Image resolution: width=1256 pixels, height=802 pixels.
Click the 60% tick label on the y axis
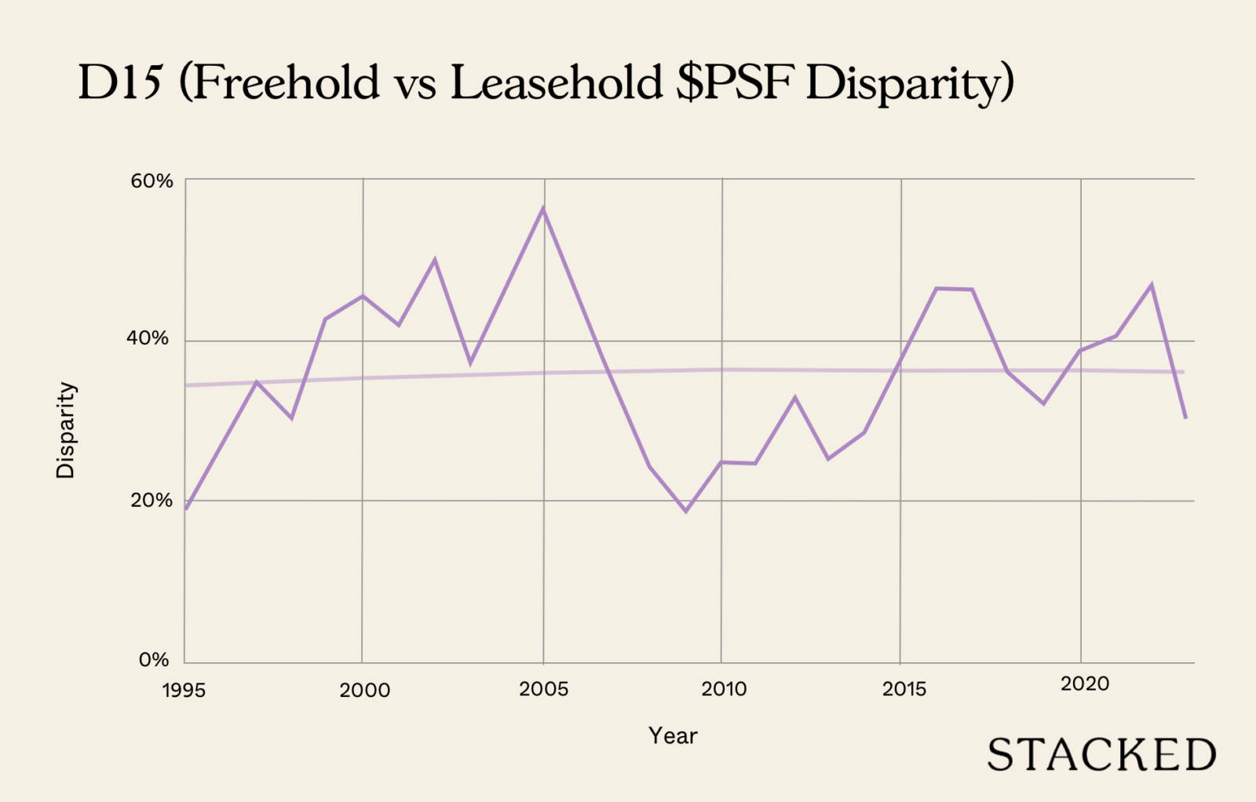152,181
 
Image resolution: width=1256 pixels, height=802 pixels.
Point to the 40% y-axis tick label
148,338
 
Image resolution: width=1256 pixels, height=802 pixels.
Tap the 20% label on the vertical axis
152,501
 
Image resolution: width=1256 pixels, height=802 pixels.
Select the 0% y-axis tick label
154,660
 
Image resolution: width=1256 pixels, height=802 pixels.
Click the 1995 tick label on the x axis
184,691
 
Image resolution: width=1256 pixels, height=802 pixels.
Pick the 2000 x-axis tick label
364,691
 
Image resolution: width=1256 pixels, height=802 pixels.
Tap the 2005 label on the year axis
543,689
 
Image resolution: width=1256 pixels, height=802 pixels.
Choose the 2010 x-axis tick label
724,689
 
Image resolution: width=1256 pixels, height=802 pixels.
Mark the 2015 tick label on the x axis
904,689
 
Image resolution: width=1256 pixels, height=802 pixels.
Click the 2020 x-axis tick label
1085,684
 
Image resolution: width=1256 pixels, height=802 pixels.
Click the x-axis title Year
673,736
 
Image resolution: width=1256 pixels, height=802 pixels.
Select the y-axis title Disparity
65,430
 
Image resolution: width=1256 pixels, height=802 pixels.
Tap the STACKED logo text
1101,755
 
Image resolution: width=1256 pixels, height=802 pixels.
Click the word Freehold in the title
286,82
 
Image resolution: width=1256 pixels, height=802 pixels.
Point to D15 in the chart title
119,82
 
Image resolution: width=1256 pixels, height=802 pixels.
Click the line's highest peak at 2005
542,209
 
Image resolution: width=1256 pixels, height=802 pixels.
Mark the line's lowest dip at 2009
686,512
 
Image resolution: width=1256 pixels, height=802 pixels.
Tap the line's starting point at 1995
186,509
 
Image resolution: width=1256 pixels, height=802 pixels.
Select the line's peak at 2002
435,260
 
